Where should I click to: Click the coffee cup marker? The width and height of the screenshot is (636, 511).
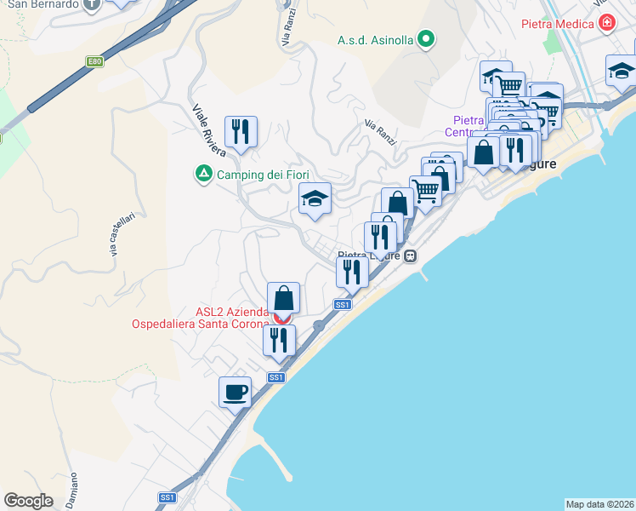tap(235, 393)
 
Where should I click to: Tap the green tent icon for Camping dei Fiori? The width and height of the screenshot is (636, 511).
tap(204, 175)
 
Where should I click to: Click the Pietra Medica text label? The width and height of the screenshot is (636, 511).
tap(558, 24)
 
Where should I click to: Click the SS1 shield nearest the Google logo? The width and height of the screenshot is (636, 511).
tap(168, 497)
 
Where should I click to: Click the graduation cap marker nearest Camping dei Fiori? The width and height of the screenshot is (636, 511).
tap(315, 199)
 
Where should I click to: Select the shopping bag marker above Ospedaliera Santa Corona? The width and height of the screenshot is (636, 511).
tap(284, 299)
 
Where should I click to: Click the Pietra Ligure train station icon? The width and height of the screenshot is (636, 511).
tap(411, 255)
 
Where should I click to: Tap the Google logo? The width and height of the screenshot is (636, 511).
tap(28, 500)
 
